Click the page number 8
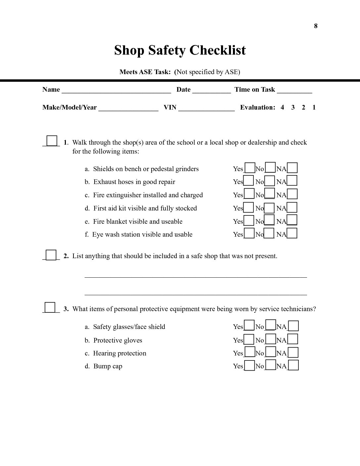[x=316, y=26]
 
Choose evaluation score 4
[x=282, y=107]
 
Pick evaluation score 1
[x=314, y=107]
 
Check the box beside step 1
[x=52, y=141]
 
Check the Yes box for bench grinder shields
[x=250, y=168]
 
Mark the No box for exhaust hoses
[x=270, y=181]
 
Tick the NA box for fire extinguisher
[x=292, y=194]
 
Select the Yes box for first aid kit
[x=248, y=207]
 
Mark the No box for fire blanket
[x=270, y=220]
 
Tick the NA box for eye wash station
[x=292, y=233]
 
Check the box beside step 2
[x=51, y=255]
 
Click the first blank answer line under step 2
[x=196, y=276]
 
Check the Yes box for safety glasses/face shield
[x=249, y=326]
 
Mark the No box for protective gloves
[x=271, y=339]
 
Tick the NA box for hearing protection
[x=293, y=352]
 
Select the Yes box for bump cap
[x=249, y=365]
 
